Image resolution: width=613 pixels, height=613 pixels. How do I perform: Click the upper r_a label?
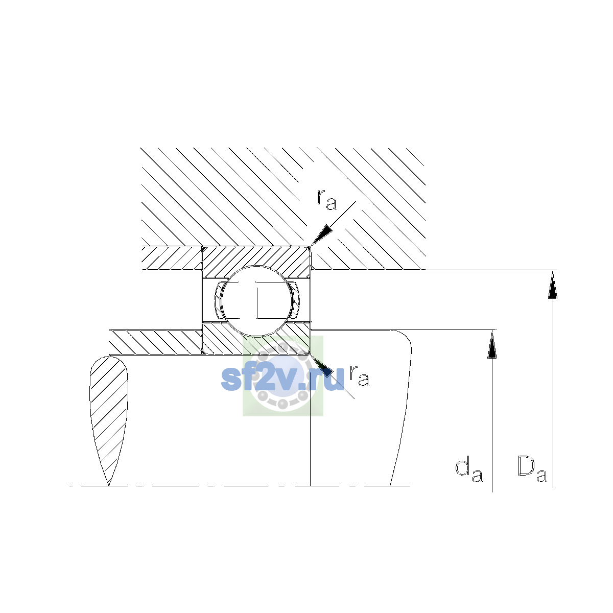(x=326, y=199)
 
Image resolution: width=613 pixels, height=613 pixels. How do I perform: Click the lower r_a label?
(x=360, y=375)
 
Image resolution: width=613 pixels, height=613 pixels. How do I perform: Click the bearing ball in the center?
(x=256, y=300)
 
